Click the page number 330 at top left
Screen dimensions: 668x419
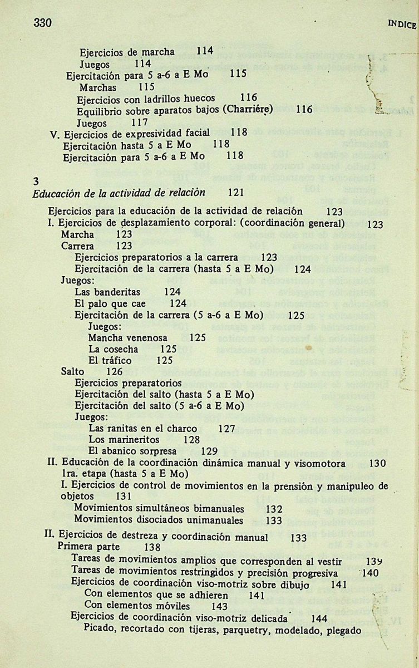[x=42, y=23]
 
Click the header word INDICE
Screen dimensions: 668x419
[x=402, y=25]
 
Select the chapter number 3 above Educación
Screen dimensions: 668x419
[x=36, y=181]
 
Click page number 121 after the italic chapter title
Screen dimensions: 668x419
[x=236, y=193]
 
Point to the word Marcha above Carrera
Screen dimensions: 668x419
[x=77, y=234]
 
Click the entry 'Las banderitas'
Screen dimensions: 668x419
[x=107, y=292]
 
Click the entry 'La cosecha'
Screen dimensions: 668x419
[x=113, y=349]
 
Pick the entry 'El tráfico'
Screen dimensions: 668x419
[x=110, y=360]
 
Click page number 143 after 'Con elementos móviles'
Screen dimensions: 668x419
[x=220, y=606]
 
